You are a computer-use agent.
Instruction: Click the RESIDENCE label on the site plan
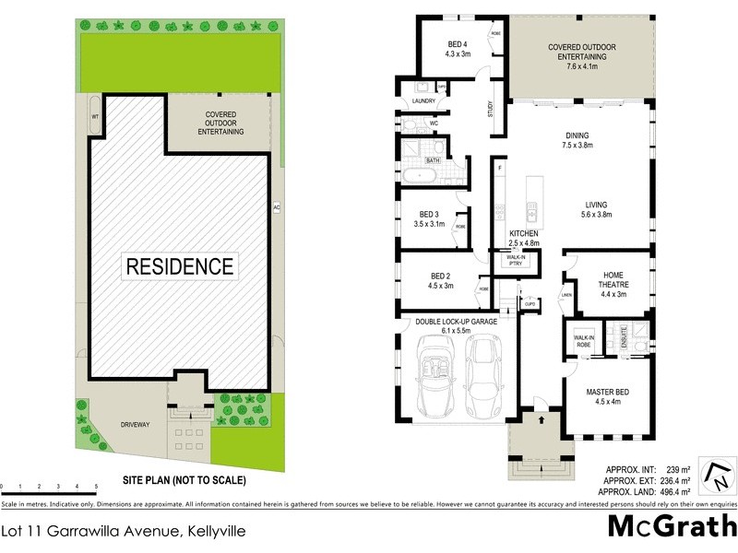(180, 267)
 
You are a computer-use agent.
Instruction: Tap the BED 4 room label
(458, 48)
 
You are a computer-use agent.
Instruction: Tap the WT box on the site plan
(94, 117)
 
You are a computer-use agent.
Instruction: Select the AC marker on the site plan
(276, 207)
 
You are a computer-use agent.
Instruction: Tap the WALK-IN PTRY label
(510, 260)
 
